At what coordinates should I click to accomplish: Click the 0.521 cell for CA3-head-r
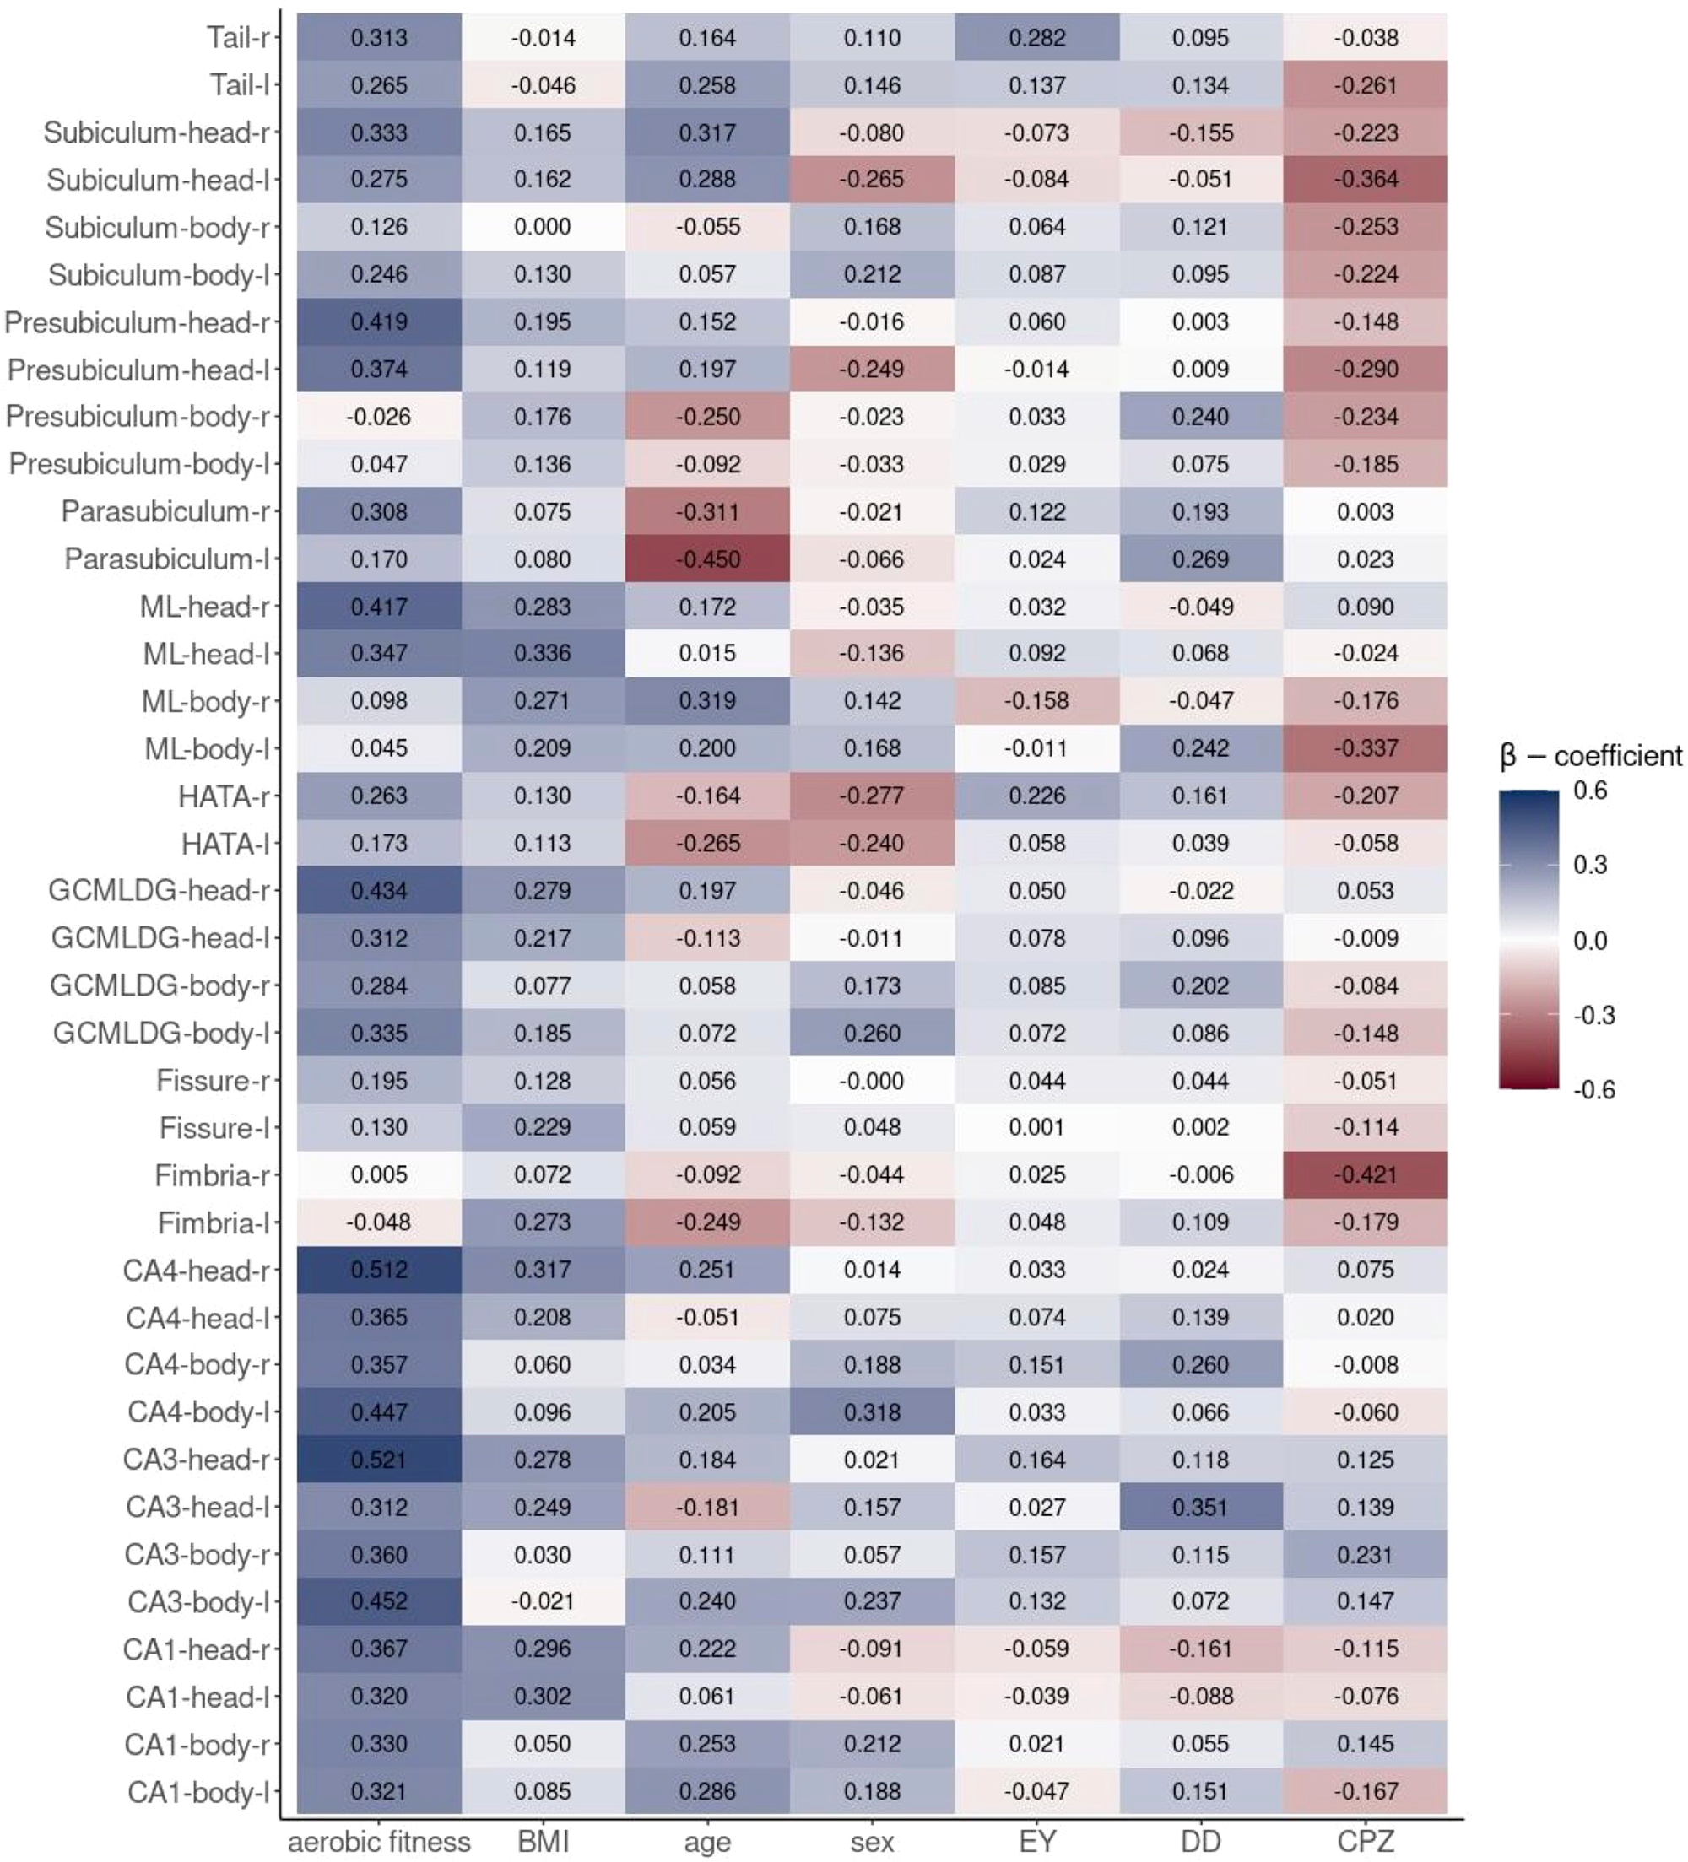coord(379,1460)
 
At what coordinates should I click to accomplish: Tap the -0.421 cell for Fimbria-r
coord(1365,1175)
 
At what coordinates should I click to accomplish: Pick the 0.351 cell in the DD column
coord(1200,1507)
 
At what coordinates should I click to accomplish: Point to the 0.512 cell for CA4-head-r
coord(379,1270)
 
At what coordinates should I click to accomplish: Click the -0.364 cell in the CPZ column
coord(1365,179)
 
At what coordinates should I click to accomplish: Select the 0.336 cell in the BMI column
coord(543,653)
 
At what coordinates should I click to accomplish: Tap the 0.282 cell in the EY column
coord(1036,38)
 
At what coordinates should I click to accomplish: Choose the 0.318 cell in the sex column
coord(871,1412)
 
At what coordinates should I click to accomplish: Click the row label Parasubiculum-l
coord(167,559)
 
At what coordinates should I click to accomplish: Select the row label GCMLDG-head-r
coord(159,890)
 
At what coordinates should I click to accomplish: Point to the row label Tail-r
coord(238,38)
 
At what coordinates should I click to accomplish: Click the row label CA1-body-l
coord(197,1792)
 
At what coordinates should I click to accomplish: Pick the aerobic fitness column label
coord(379,1842)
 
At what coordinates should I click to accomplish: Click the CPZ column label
coord(1365,1842)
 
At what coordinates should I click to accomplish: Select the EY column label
coord(1036,1842)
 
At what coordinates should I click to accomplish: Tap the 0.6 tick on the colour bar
coord(1589,791)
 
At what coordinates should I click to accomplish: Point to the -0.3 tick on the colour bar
coord(1593,1015)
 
